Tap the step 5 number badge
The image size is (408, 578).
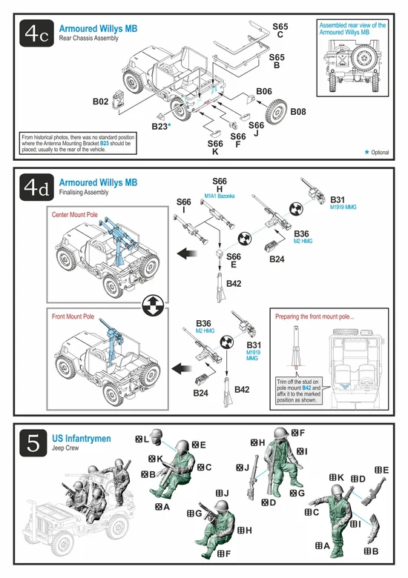click(33, 442)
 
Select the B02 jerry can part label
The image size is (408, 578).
click(100, 102)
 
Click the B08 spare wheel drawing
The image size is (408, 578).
click(276, 111)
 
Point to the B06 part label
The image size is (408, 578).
click(264, 91)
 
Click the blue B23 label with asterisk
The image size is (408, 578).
click(161, 127)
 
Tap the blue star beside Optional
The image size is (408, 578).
click(366, 152)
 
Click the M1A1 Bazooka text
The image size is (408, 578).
click(220, 196)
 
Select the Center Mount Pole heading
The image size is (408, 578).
click(74, 215)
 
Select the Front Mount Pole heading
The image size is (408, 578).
click(73, 316)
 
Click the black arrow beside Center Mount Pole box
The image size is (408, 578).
click(186, 253)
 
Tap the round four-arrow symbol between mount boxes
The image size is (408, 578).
click(153, 305)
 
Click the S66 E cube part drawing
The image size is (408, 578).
click(220, 253)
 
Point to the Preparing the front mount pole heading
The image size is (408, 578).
click(315, 316)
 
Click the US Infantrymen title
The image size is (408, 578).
click(81, 438)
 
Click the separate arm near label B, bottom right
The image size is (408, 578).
click(373, 528)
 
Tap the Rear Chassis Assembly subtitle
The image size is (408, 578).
click(88, 38)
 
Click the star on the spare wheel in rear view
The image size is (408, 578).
click(363, 59)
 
